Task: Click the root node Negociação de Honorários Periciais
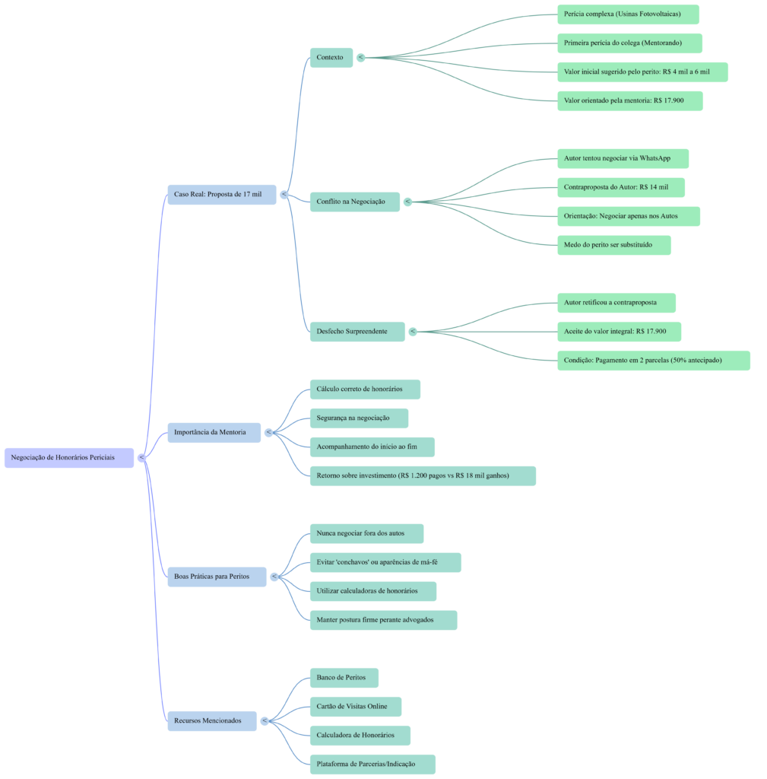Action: pyautogui.click(x=68, y=457)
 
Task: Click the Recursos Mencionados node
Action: pyautogui.click(x=211, y=720)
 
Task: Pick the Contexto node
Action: pyautogui.click(x=331, y=57)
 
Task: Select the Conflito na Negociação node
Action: pyautogui.click(x=354, y=202)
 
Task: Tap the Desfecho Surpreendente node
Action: pyautogui.click(x=357, y=331)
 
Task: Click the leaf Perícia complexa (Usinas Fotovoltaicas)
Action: pyautogui.click(x=628, y=14)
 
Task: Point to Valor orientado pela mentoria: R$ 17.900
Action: pyautogui.click(x=629, y=100)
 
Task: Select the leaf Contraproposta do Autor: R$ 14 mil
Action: pyautogui.click(x=620, y=187)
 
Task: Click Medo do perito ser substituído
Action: pyautogui.click(x=613, y=245)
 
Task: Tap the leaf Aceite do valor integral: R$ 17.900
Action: pyautogui.click(x=619, y=332)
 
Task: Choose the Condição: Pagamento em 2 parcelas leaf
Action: pyautogui.click(x=653, y=360)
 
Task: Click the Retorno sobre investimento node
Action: pyautogui.click(x=422, y=476)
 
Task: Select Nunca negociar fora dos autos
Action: pyautogui.click(x=366, y=533)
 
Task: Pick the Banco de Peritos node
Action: pyautogui.click(x=344, y=677)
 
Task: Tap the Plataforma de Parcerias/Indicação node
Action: pyautogui.click(x=372, y=764)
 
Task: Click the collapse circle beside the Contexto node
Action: pyautogui.click(x=360, y=57)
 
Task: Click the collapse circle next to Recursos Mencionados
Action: pyautogui.click(x=265, y=720)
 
